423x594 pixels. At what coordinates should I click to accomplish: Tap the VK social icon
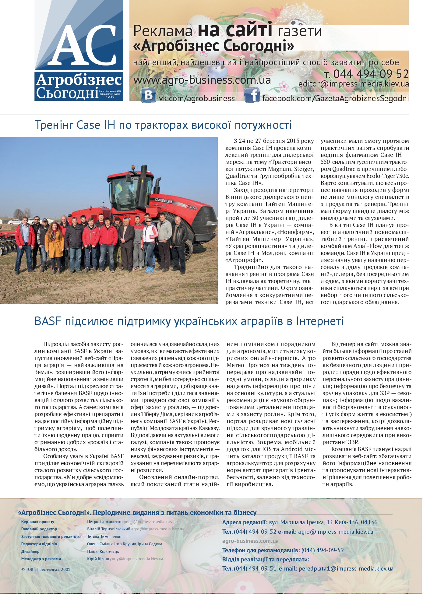[148, 95]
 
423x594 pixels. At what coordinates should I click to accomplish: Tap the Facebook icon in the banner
[252, 95]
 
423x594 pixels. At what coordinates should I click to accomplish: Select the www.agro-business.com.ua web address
[202, 80]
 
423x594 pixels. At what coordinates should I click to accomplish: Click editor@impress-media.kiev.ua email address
[353, 84]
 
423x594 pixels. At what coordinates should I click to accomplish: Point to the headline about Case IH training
[163, 125]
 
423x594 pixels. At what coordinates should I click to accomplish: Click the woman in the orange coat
[54, 242]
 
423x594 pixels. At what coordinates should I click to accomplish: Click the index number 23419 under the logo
[109, 97]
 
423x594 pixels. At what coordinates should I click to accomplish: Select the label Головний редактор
[39, 529]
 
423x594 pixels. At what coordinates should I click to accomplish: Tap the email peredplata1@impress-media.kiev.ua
[346, 568]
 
